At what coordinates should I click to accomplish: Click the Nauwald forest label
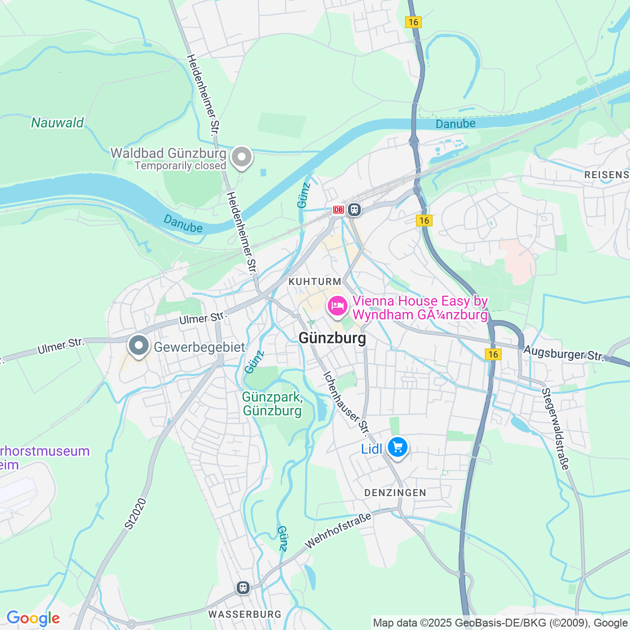click(x=58, y=123)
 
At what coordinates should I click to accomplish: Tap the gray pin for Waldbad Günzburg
click(x=241, y=157)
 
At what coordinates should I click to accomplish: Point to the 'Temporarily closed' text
click(x=180, y=166)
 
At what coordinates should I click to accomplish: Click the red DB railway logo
click(x=338, y=210)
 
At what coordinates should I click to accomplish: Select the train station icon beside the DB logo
click(x=354, y=210)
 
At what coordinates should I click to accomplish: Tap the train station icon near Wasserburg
click(x=243, y=587)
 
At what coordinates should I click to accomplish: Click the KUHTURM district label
click(x=315, y=282)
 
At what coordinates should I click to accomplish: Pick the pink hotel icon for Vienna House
click(x=338, y=306)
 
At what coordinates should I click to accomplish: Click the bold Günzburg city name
click(x=333, y=338)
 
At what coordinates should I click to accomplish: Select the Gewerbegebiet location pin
click(x=139, y=346)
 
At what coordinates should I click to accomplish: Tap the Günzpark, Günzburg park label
click(x=272, y=404)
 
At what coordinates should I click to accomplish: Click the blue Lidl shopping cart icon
click(x=397, y=447)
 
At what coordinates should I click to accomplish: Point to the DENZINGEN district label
click(x=395, y=493)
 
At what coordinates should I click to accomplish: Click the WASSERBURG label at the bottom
click(x=245, y=614)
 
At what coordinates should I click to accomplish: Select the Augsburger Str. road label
click(x=564, y=353)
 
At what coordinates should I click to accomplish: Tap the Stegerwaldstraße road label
click(x=555, y=429)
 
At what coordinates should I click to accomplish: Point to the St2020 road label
click(x=136, y=514)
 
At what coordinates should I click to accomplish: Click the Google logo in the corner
click(x=33, y=618)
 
